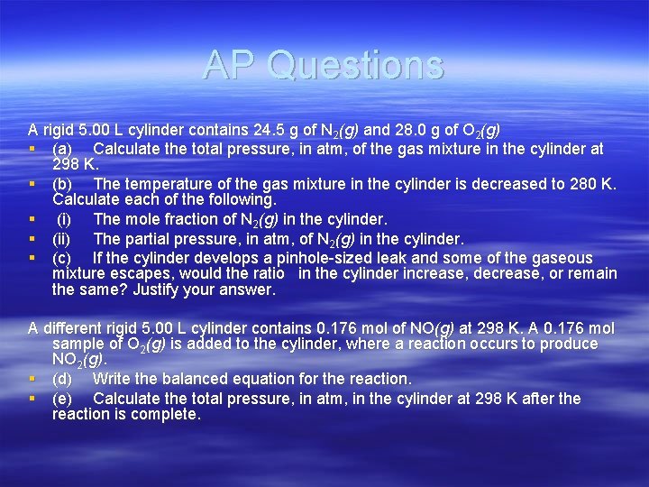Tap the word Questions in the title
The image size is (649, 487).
click(355, 65)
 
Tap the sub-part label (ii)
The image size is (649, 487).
click(63, 239)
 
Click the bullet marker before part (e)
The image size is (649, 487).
click(32, 399)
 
